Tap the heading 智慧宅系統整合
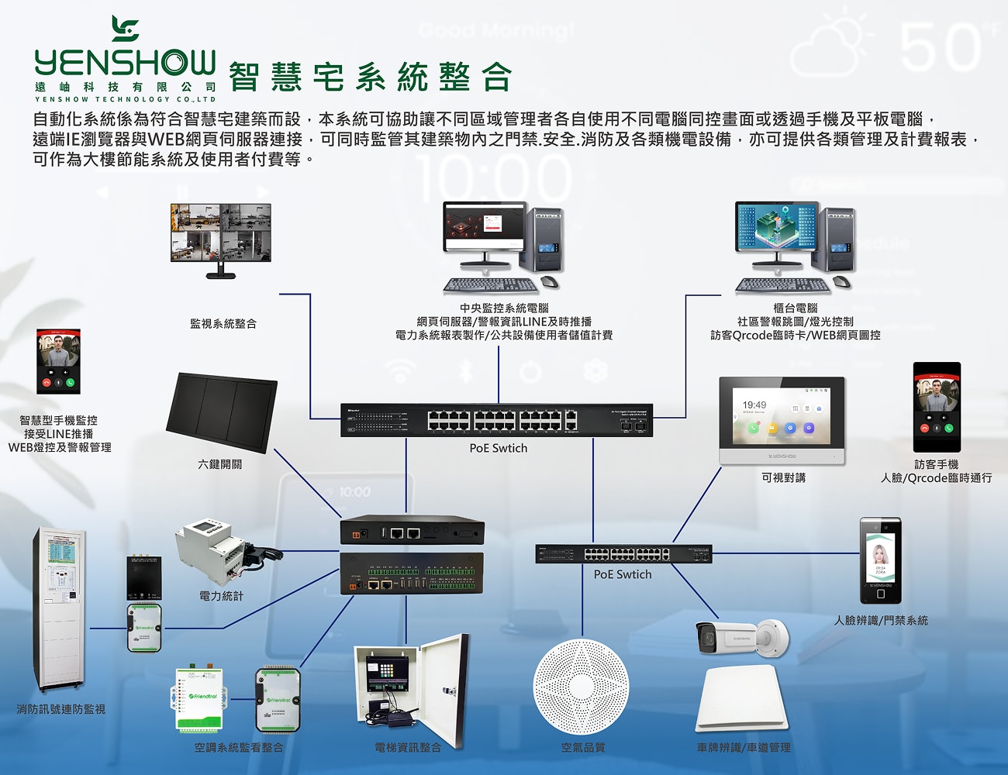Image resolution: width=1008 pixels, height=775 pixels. pyautogui.click(x=371, y=77)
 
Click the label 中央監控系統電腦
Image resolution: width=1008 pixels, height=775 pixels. pyautogui.click(x=504, y=308)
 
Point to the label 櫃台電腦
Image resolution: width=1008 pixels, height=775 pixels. pyautogui.click(x=796, y=308)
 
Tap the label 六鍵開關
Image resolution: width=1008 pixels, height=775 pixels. pyautogui.click(x=220, y=464)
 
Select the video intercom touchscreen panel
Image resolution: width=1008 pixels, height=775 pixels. pyautogui.click(x=782, y=420)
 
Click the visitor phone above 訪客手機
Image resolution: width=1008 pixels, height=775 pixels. pyautogui.click(x=937, y=407)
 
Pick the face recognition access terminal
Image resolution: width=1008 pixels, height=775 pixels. pyautogui.click(x=880, y=560)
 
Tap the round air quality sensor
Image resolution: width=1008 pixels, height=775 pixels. pyautogui.click(x=581, y=687)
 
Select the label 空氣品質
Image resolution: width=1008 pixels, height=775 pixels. pyautogui.click(x=583, y=748)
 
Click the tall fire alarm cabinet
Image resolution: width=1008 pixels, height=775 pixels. pyautogui.click(x=60, y=608)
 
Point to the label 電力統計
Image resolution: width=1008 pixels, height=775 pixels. pyautogui.click(x=221, y=596)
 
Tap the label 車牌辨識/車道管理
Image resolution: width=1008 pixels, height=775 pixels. pyautogui.click(x=744, y=748)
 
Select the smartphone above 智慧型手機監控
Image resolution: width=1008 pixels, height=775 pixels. pyautogui.click(x=59, y=361)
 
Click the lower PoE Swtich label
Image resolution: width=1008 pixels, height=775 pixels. pyautogui.click(x=623, y=575)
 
